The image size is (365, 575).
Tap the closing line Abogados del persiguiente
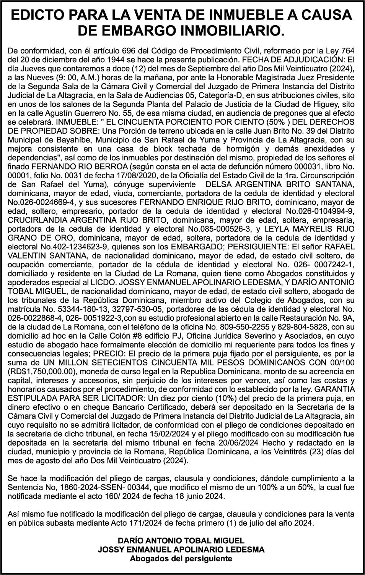tap(181, 559)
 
